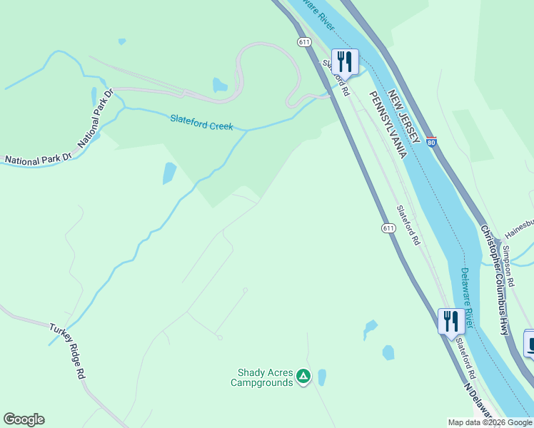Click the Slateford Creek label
point(201,123)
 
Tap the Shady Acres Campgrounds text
point(262,377)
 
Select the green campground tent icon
point(303,375)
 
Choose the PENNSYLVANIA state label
point(386,125)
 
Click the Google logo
point(24,419)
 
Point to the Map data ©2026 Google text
point(490,422)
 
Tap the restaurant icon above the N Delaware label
point(450,321)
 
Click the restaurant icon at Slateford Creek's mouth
point(345,61)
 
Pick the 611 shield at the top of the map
point(305,42)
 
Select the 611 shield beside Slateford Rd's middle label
point(388,228)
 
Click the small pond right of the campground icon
point(322,377)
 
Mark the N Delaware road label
point(480,404)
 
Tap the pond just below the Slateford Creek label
point(169,173)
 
